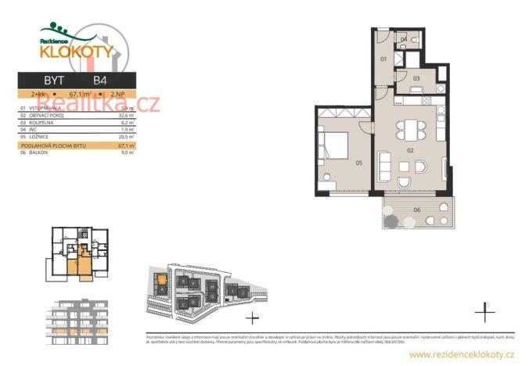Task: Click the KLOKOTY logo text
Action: (77, 52)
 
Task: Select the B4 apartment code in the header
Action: (100, 81)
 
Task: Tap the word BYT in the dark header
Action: (53, 81)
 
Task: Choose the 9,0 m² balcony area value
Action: (128, 152)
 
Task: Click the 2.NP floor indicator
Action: (119, 94)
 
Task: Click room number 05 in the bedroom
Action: (359, 163)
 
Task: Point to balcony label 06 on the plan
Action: (417, 210)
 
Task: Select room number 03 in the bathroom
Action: (416, 78)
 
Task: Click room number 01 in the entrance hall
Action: (383, 59)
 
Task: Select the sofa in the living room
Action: (385, 165)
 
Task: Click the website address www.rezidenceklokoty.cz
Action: (462, 355)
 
